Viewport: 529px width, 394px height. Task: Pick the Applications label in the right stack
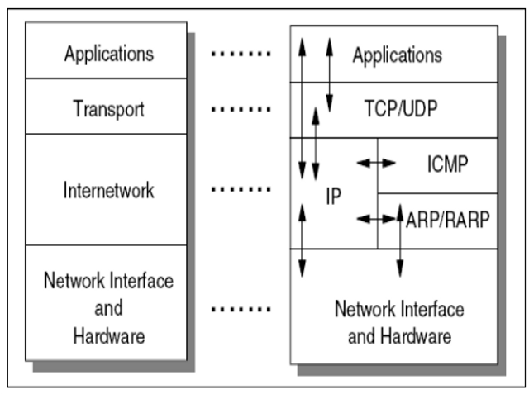[397, 55]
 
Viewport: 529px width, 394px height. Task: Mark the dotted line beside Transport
[241, 108]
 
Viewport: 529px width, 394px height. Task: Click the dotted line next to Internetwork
[241, 190]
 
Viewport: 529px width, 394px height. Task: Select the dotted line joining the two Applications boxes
[241, 55]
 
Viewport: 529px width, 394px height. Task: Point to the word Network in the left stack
[70, 281]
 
